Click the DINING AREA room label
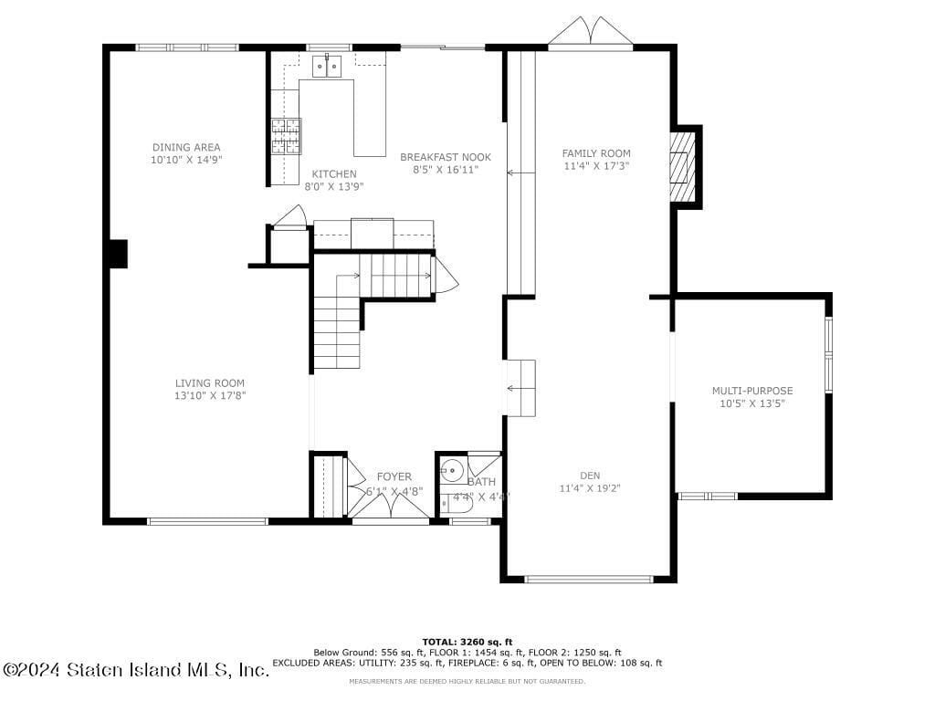point(186,147)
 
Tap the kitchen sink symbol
point(327,66)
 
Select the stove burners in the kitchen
point(286,136)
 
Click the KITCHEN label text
point(334,174)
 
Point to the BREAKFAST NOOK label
point(446,157)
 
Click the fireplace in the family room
point(683,167)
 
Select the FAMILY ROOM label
point(596,153)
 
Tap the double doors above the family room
point(591,32)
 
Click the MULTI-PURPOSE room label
point(752,391)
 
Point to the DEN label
point(590,476)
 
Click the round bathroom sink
point(452,472)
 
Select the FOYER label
point(394,476)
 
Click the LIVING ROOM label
point(210,383)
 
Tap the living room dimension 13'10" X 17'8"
point(210,396)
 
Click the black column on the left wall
point(117,254)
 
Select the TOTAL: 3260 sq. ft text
point(467,642)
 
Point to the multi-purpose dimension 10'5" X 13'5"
point(752,403)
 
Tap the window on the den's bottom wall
point(590,578)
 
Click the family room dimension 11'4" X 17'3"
point(596,166)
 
